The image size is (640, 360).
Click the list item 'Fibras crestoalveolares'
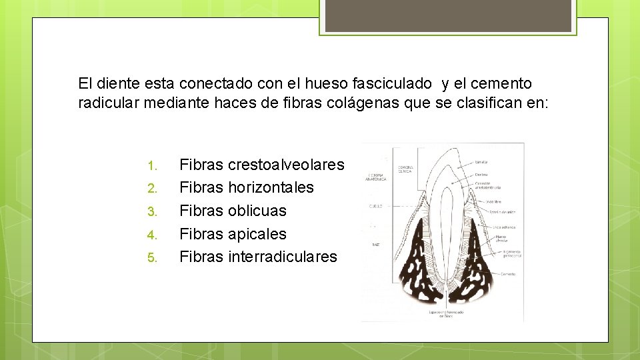pyautogui.click(x=262, y=165)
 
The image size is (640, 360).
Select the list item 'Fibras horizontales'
pyautogui.click(x=247, y=187)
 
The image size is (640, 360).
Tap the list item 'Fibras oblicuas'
pyautogui.click(x=233, y=211)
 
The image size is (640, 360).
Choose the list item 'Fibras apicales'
pyautogui.click(x=233, y=234)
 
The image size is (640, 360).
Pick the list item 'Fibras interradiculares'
pyautogui.click(x=258, y=257)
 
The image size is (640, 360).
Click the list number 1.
pyautogui.click(x=151, y=165)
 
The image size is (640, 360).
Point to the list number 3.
pyautogui.click(x=151, y=212)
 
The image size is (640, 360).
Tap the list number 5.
pyautogui.click(x=151, y=258)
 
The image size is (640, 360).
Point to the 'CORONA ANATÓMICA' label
pyautogui.click(x=375, y=177)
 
